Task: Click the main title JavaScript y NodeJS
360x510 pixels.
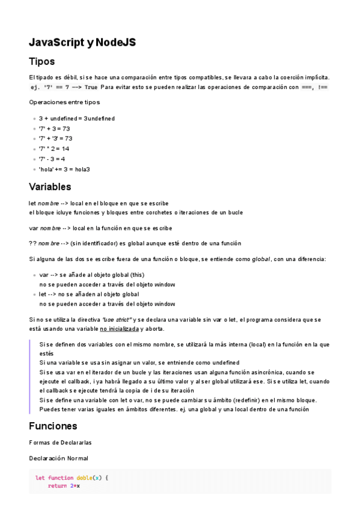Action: pos(82,42)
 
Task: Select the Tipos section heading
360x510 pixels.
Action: pos(42,61)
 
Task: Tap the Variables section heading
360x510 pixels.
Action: pos(50,186)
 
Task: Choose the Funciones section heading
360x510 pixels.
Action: pos(53,426)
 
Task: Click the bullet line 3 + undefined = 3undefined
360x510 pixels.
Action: pos(77,118)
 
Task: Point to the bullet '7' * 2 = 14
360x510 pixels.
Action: pos(54,149)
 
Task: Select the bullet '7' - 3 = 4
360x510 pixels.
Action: pos(52,159)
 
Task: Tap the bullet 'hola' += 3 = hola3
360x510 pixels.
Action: pos(64,169)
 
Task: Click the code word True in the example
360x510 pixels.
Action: pos(91,87)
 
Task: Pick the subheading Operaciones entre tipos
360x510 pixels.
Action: pos(64,102)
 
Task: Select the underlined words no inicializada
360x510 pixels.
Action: pos(119,329)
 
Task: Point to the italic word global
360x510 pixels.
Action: pos(260,259)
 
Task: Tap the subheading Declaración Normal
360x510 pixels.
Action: pos(58,458)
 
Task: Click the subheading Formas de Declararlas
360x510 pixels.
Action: pos(60,443)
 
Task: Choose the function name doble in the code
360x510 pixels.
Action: pos(84,478)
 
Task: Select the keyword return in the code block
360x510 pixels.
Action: pos(57,486)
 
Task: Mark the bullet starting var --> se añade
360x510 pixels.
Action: pos(91,275)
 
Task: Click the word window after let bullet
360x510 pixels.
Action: pos(165,304)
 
